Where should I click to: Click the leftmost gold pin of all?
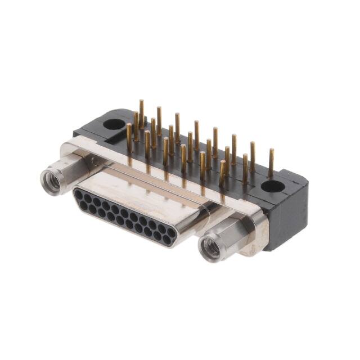pyautogui.click(x=129, y=138)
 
